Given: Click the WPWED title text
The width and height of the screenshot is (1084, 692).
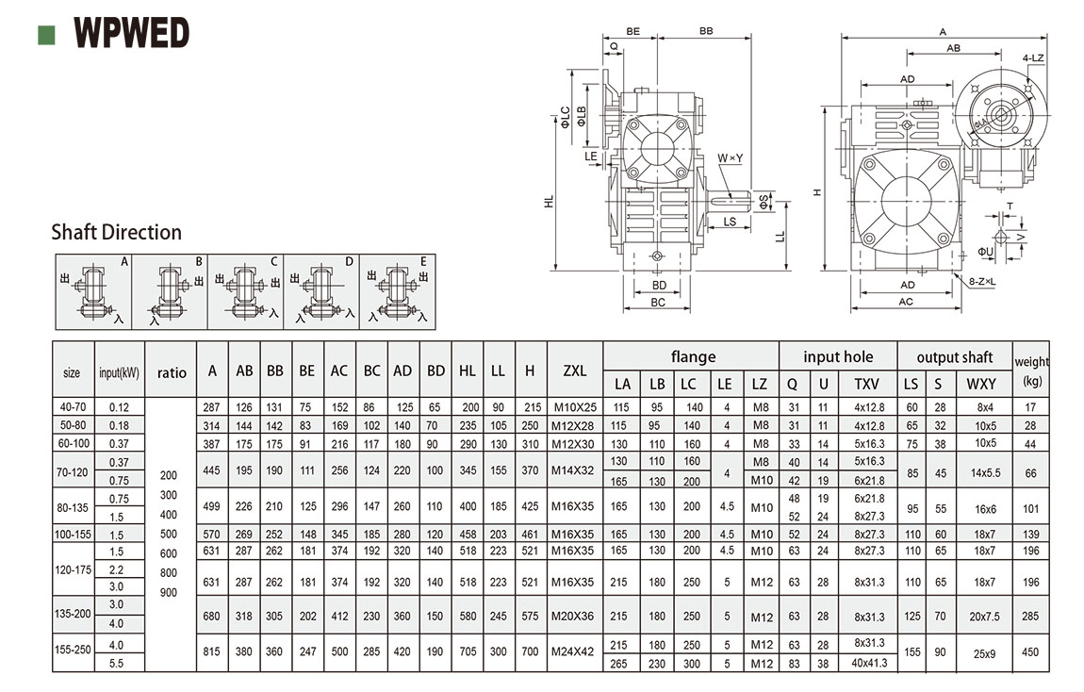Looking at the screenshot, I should (x=131, y=34).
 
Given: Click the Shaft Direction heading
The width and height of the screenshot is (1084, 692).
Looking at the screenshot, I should (x=116, y=232).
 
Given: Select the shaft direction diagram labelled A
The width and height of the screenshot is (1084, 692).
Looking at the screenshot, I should (x=92, y=290).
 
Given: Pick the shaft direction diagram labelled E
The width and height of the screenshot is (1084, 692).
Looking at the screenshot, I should (x=398, y=290).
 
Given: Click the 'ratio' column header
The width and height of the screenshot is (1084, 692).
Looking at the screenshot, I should (x=172, y=372).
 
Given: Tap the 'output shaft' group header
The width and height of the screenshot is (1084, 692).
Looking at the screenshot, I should (x=954, y=357).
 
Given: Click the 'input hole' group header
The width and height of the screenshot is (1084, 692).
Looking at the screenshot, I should (x=838, y=357).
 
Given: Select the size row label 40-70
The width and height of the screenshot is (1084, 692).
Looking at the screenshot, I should (x=72, y=407).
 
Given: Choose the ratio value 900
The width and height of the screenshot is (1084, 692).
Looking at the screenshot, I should (x=169, y=592).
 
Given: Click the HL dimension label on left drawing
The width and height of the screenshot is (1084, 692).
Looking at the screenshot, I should (x=549, y=200).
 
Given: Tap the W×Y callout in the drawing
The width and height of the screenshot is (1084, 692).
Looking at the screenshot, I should (x=731, y=157).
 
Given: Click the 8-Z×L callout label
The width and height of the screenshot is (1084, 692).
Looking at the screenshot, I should (x=984, y=281).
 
